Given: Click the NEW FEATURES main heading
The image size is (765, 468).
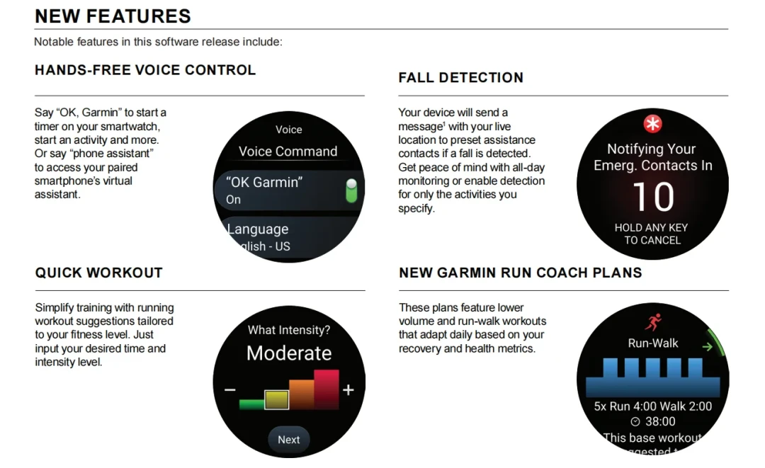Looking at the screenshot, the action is [x=113, y=16].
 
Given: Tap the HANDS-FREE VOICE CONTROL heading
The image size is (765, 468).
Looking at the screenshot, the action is [x=145, y=70].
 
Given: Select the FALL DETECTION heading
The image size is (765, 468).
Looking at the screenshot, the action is [x=460, y=77].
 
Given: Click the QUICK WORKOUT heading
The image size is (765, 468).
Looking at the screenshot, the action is [x=98, y=273].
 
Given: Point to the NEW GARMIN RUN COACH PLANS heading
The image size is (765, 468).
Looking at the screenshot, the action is [x=520, y=273].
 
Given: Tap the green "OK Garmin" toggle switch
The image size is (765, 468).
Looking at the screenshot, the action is [x=351, y=190].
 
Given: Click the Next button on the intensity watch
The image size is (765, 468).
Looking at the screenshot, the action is [x=289, y=439].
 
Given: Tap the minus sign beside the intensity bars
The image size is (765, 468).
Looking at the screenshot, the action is [x=230, y=390].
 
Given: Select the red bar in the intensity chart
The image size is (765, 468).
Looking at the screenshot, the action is [x=327, y=389].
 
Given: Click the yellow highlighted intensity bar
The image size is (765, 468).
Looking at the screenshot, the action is [x=277, y=400].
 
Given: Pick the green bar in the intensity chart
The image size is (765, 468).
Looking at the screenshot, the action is [x=251, y=404].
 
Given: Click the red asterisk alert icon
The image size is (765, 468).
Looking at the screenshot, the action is [x=653, y=124].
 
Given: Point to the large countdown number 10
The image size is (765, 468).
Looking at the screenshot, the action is [x=653, y=197].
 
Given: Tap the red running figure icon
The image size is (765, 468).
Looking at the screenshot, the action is [x=653, y=322].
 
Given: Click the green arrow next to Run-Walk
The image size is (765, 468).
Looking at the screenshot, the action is [x=707, y=347].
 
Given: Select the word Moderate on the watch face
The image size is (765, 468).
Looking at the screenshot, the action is [x=289, y=353].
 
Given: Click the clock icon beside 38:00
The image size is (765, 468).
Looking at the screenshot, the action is [x=635, y=422].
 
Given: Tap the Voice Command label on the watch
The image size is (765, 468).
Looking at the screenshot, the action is [x=288, y=151].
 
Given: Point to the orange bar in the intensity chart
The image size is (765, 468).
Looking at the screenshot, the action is [x=302, y=394].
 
